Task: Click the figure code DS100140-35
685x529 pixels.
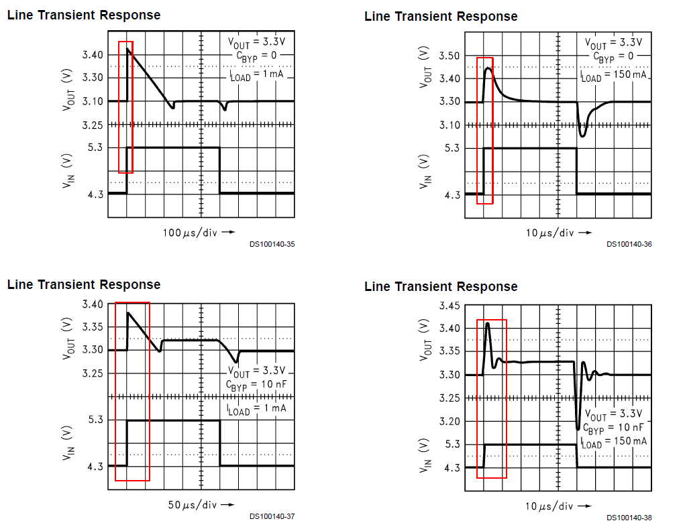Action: (x=272, y=244)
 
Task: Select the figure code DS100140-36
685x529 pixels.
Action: (x=629, y=244)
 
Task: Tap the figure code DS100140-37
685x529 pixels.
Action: (x=272, y=516)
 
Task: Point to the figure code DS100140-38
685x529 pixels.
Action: (x=629, y=518)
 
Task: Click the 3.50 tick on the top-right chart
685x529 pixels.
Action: (x=450, y=56)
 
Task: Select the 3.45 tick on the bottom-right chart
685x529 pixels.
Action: (x=450, y=306)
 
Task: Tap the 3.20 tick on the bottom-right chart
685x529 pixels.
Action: (x=450, y=421)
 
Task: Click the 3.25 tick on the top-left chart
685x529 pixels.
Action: (x=93, y=125)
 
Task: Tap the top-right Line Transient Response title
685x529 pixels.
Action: (x=441, y=16)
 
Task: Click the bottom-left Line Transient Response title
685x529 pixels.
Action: (x=84, y=284)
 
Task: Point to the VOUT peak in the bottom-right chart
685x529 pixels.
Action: (x=488, y=324)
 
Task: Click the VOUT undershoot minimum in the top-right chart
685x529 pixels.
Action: (x=582, y=136)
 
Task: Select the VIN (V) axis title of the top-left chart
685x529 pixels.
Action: (x=68, y=171)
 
